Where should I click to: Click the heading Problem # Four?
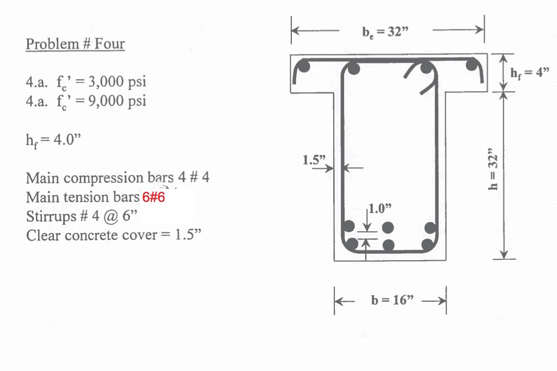[75, 44]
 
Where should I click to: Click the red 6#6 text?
[154, 198]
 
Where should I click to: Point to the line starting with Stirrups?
[82, 217]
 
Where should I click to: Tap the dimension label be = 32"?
[385, 31]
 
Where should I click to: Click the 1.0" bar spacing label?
[380, 208]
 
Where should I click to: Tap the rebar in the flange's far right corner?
[473, 68]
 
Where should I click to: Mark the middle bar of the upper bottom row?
[388, 227]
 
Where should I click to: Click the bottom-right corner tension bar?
[430, 244]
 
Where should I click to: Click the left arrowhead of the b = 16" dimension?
[339, 300]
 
